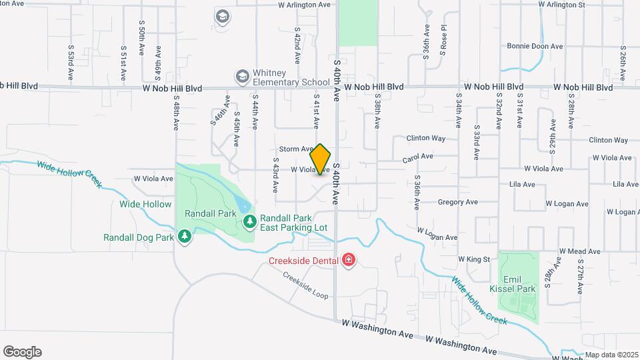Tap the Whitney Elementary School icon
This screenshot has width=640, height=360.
[x=242, y=78]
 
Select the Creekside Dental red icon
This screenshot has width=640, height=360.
[x=348, y=259]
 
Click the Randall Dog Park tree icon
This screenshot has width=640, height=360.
[x=185, y=237]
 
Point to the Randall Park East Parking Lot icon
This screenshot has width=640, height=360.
[x=250, y=221]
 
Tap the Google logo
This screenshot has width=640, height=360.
[x=22, y=352]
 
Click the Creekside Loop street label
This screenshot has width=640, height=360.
[x=305, y=285]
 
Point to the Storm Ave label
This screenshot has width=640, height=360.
[x=295, y=149]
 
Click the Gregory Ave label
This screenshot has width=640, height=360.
[x=457, y=202]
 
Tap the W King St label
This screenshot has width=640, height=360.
[x=473, y=259]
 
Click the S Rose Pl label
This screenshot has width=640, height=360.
[x=443, y=43]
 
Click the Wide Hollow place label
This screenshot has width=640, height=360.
[x=145, y=204]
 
